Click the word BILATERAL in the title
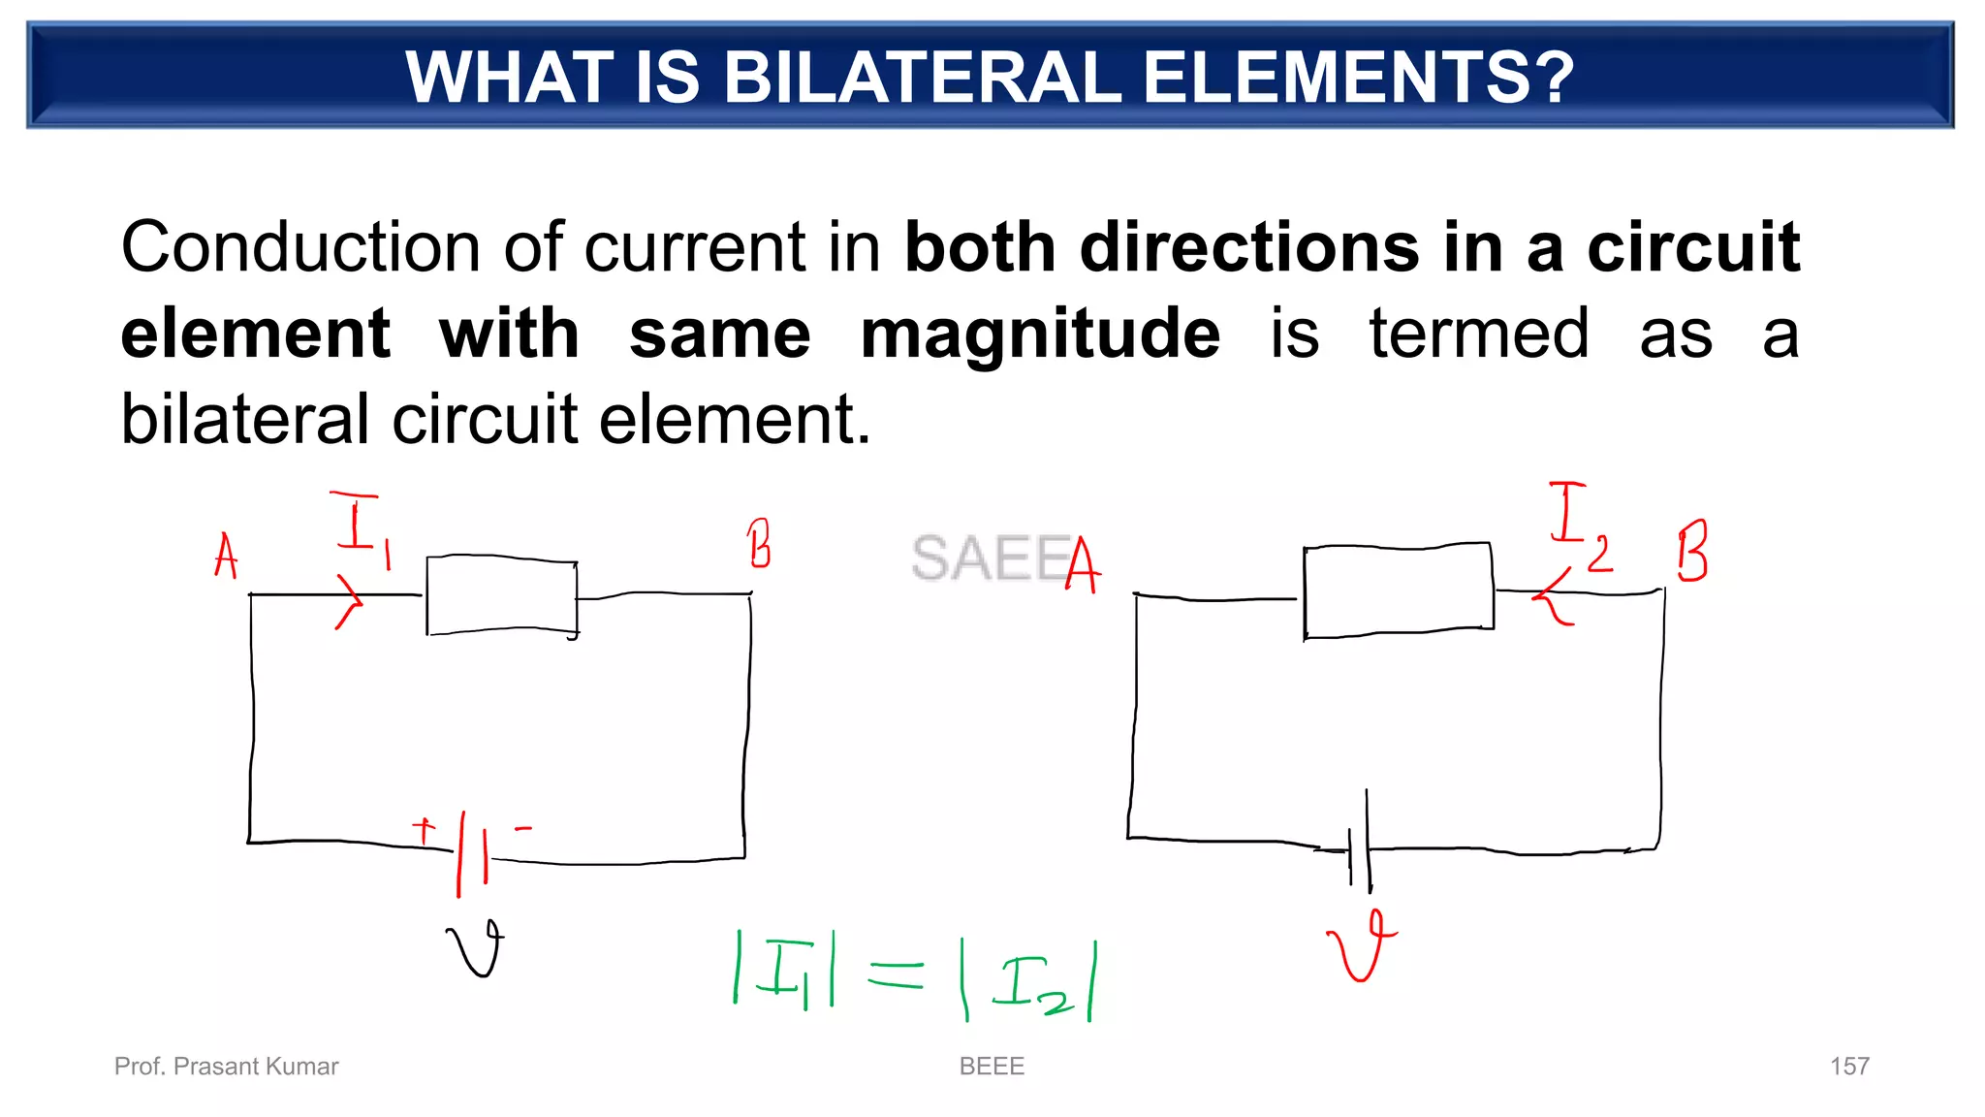(x=922, y=78)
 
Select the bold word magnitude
(x=1040, y=334)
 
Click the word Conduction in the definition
(x=299, y=247)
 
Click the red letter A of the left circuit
(x=226, y=557)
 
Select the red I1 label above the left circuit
(x=362, y=528)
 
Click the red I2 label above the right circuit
(x=1578, y=524)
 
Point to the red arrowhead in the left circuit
(x=349, y=602)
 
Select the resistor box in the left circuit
(x=502, y=596)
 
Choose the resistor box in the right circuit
(x=1398, y=590)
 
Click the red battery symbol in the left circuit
(x=473, y=851)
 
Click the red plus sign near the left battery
(x=424, y=831)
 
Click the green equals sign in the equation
(x=896, y=973)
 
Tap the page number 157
(x=1848, y=1067)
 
